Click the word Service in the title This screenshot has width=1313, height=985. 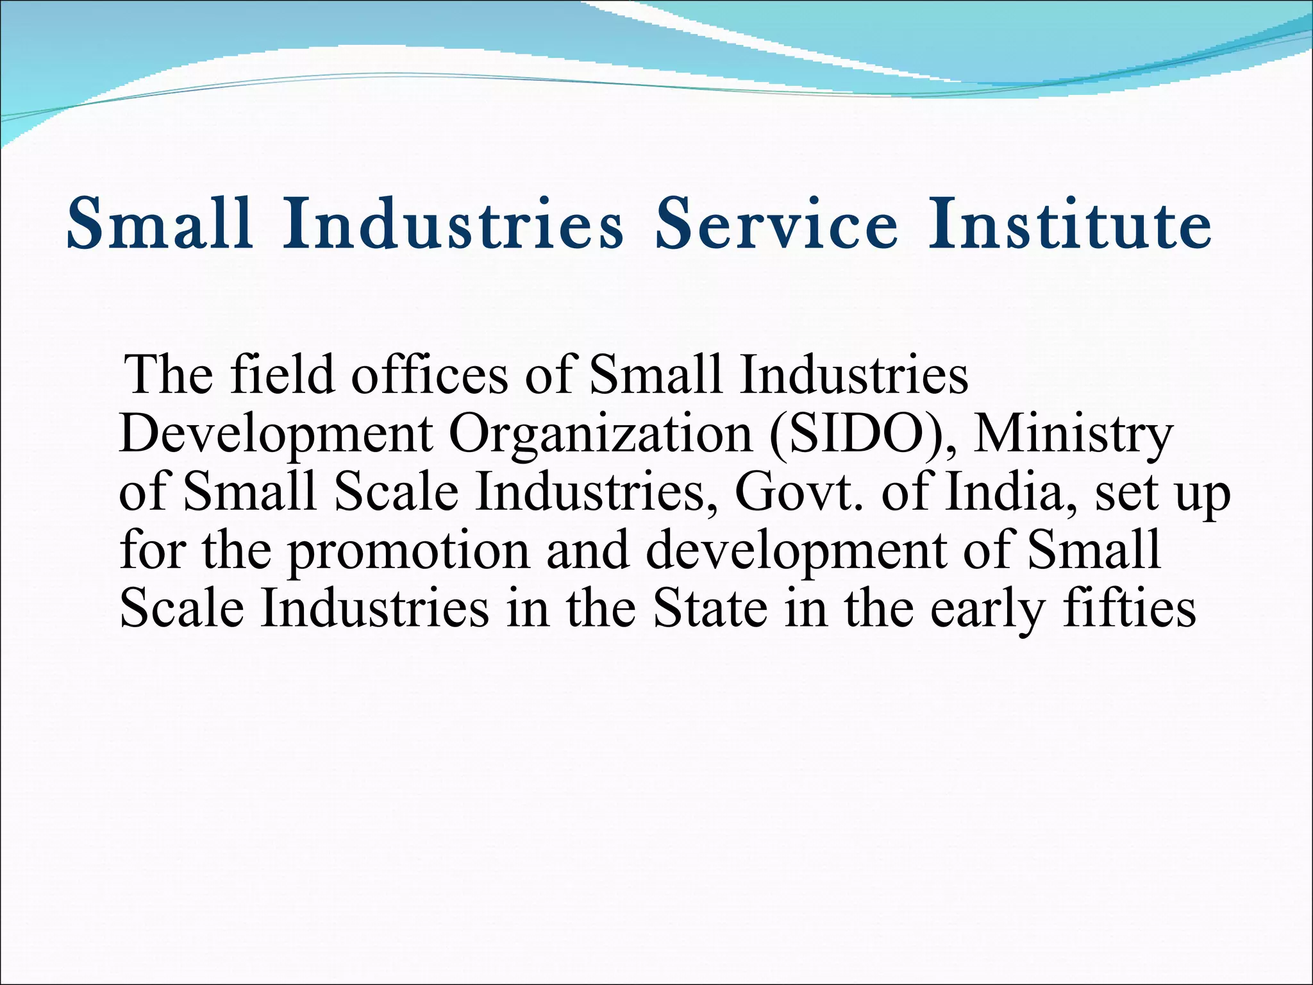pyautogui.click(x=776, y=224)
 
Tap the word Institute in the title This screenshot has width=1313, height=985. pyautogui.click(x=1069, y=224)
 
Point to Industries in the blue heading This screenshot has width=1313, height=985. pyautogui.click(x=454, y=224)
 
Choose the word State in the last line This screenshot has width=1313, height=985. pyautogui.click(x=710, y=608)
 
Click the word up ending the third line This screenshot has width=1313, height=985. pyautogui.click(x=1202, y=497)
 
